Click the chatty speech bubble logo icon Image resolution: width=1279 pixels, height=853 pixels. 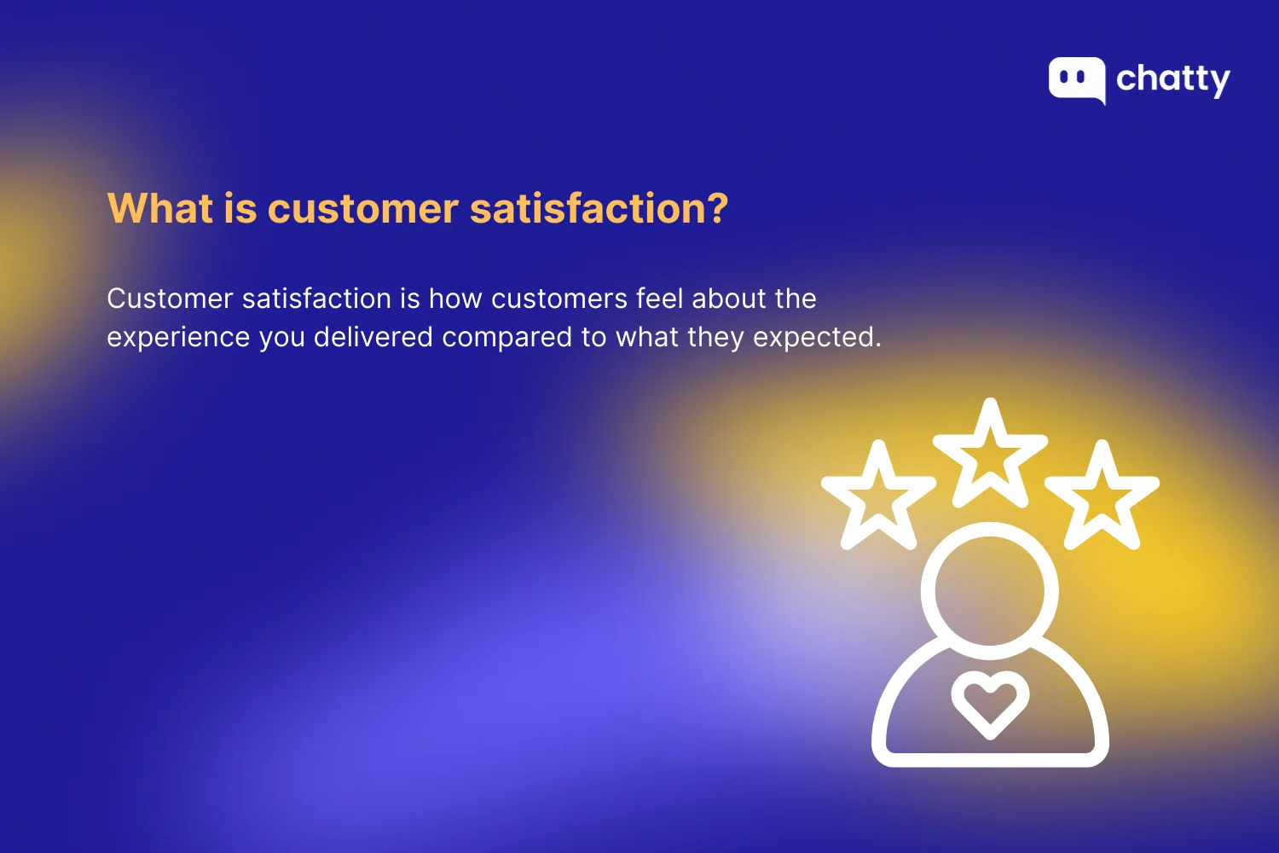(1077, 79)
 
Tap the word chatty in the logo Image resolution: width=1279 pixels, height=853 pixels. (1173, 79)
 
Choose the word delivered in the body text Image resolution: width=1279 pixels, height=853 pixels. (373, 337)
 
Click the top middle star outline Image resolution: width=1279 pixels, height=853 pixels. (990, 455)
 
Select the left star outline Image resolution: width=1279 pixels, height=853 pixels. (878, 497)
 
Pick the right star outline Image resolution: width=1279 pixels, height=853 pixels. (1102, 497)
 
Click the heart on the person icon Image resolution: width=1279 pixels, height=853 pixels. (990, 703)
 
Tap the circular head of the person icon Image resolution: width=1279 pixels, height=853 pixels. (990, 590)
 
